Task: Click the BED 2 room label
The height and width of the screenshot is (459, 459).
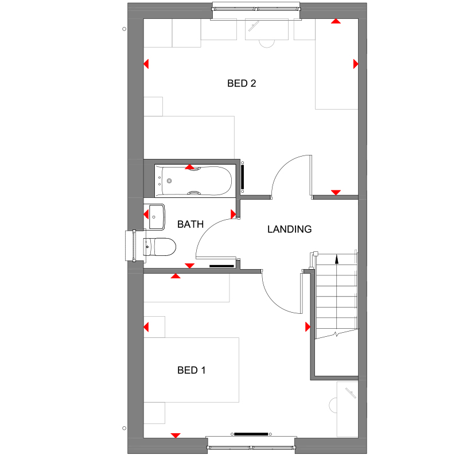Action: point(242,83)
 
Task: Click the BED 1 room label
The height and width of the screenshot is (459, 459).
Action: point(191,370)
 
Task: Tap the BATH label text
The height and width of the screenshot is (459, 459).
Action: point(190,224)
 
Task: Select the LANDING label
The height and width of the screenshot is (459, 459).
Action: point(289,229)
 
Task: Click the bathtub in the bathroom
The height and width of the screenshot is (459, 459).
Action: point(196,181)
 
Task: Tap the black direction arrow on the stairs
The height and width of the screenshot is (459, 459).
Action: point(337,259)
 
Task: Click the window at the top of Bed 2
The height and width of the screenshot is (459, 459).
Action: point(256,8)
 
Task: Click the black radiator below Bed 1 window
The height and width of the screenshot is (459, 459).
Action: point(251,434)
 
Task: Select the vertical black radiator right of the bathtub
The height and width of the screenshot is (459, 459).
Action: point(243,178)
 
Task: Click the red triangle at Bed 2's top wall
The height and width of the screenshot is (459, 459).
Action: point(335,22)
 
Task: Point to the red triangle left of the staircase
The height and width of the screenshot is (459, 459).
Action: point(307,327)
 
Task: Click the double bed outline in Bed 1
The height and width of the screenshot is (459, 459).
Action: point(191,370)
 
